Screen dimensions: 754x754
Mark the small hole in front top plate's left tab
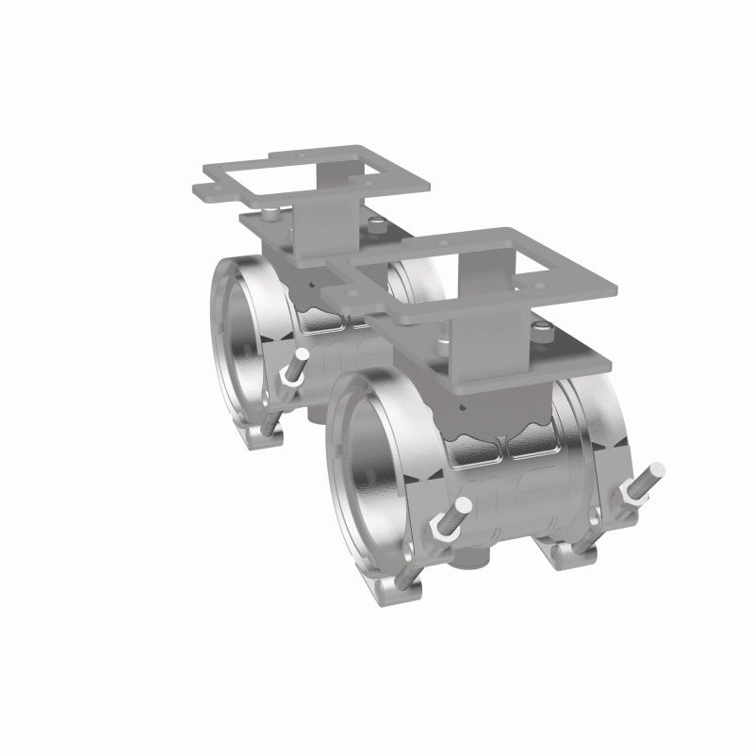pyautogui.click(x=344, y=295)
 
